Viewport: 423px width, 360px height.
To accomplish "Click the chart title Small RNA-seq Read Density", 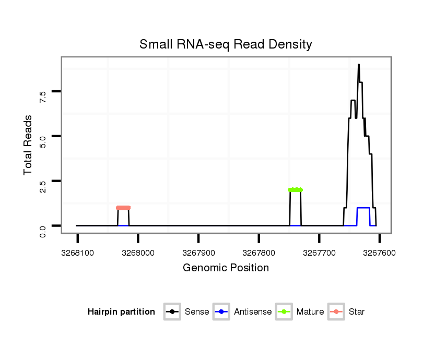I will tap(226, 44).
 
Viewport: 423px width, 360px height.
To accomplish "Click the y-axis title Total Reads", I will tap(28, 145).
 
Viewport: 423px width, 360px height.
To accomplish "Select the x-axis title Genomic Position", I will tap(226, 268).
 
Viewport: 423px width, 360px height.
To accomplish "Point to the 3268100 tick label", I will tap(77, 253).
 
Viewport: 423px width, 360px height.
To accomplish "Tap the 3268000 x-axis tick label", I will tap(138, 253).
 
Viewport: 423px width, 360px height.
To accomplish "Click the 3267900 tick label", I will tap(198, 253).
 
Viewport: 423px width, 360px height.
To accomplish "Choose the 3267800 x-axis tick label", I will tap(259, 253).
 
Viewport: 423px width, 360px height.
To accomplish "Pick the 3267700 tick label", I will tap(319, 253).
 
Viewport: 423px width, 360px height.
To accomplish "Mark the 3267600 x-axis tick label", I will tap(380, 253).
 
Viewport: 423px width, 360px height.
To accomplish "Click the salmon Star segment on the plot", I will tap(123, 208).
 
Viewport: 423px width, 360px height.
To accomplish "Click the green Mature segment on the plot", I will tap(295, 190).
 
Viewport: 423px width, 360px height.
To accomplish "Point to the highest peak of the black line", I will tap(359, 65).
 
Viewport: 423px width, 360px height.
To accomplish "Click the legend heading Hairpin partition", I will tap(121, 312).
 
